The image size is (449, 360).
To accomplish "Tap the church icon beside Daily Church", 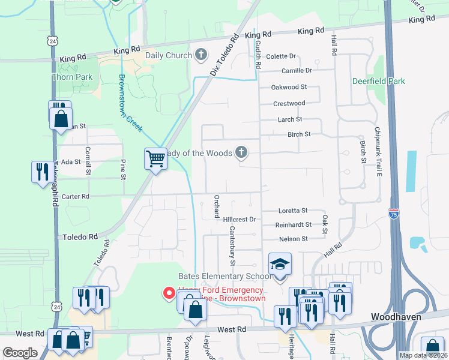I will click(x=200, y=55).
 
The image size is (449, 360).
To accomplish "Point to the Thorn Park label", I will click(x=72, y=77).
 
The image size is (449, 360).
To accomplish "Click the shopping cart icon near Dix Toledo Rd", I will click(x=155, y=160).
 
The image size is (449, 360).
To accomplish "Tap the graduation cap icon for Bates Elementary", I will click(x=280, y=264).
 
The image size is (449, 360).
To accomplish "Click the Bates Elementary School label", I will click(x=225, y=276).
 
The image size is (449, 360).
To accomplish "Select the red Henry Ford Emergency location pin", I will click(x=169, y=293).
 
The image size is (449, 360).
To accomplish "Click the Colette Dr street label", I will click(x=282, y=56).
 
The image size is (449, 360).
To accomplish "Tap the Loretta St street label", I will click(x=293, y=211).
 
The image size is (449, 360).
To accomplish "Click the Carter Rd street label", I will click(x=76, y=196).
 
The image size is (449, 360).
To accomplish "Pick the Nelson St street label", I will click(x=293, y=239).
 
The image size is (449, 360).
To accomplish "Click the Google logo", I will click(x=20, y=353).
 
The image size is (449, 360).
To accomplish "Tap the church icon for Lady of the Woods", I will click(x=241, y=152).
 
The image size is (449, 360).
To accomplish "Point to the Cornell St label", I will click(x=88, y=161).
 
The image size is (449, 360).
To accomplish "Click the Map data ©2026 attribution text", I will click(x=423, y=355).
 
